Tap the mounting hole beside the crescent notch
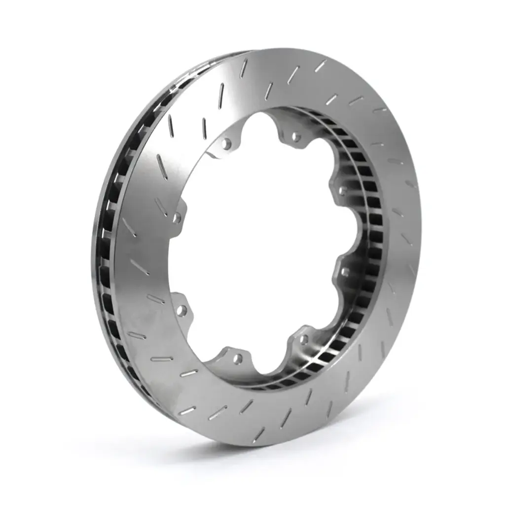[x=227, y=144]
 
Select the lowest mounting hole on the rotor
[x=238, y=359]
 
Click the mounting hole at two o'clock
[x=342, y=190]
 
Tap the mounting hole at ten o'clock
[x=176, y=217]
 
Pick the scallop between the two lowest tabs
[x=269, y=367]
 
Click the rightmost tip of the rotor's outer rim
[x=422, y=232]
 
